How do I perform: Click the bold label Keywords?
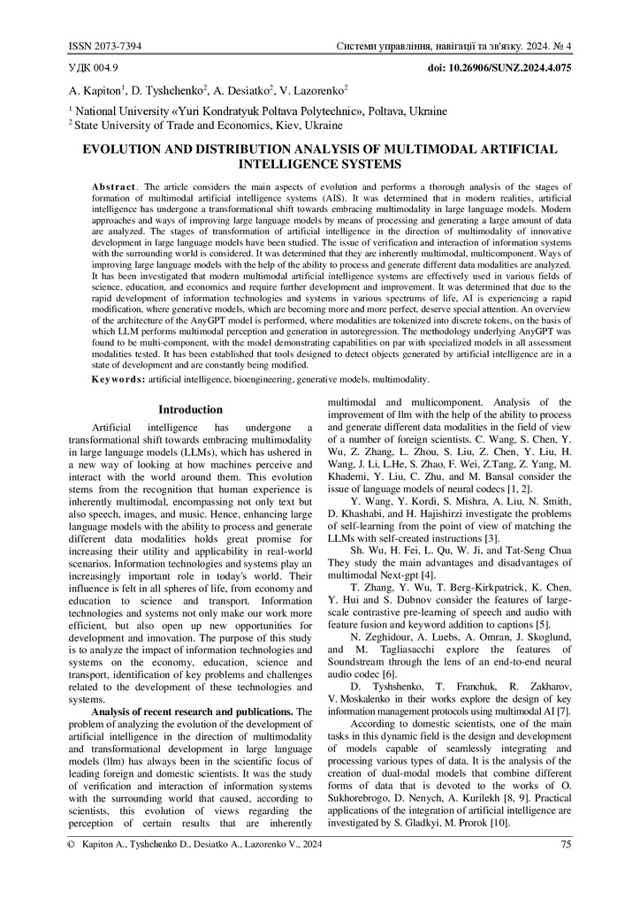[x=118, y=379]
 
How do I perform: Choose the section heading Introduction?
[x=190, y=410]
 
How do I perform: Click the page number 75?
[x=565, y=869]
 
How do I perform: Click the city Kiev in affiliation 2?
[x=278, y=125]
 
